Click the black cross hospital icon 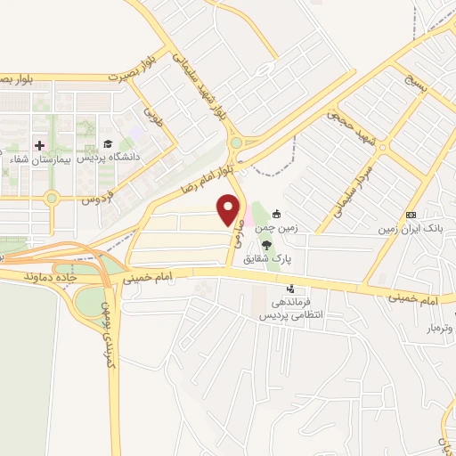[37, 145]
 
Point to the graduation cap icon [107, 143]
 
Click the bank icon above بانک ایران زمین [411, 215]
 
